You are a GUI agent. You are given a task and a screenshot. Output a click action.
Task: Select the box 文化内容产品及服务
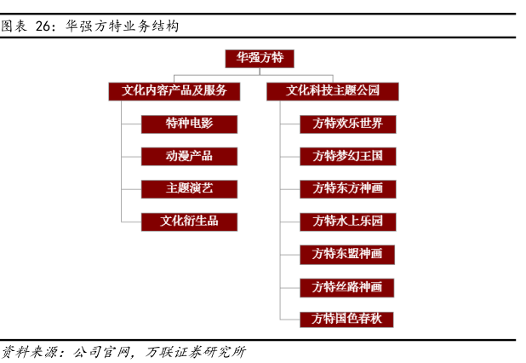point(174,90)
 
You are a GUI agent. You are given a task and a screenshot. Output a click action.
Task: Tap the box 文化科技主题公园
point(333,90)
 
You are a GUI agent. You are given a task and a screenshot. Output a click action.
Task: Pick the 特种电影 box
point(189,124)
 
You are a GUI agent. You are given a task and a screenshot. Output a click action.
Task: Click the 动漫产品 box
point(189,156)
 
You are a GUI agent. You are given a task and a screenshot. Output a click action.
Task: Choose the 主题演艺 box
point(189,188)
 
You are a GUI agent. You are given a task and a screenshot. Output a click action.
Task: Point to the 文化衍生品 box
point(189,221)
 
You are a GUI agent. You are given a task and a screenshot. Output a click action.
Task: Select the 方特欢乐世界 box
point(347,124)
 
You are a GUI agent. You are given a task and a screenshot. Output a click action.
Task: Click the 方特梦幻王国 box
point(347,156)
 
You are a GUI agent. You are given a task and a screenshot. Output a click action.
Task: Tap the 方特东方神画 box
point(347,188)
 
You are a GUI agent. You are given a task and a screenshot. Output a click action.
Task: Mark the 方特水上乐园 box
point(347,221)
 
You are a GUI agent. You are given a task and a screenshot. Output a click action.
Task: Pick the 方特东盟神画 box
point(347,253)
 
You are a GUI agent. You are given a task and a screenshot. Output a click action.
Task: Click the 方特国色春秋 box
point(347,319)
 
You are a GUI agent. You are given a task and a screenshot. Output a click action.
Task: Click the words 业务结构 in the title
point(149,26)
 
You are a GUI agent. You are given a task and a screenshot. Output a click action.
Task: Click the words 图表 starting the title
point(13,26)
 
